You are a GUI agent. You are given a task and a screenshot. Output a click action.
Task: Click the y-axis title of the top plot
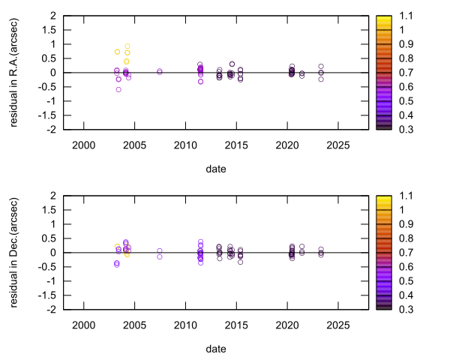pyautogui.click(x=14, y=72)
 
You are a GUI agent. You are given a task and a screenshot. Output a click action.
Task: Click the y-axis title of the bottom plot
pyautogui.click(x=14, y=252)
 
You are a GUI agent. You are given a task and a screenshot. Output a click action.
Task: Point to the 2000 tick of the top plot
pyautogui.click(x=83, y=145)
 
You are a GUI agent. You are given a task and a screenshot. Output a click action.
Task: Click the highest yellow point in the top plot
pyautogui.click(x=127, y=46)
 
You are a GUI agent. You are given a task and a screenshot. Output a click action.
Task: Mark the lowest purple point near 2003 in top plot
pyautogui.click(x=118, y=89)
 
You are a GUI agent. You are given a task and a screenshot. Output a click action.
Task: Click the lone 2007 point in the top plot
pyautogui.click(x=160, y=71)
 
